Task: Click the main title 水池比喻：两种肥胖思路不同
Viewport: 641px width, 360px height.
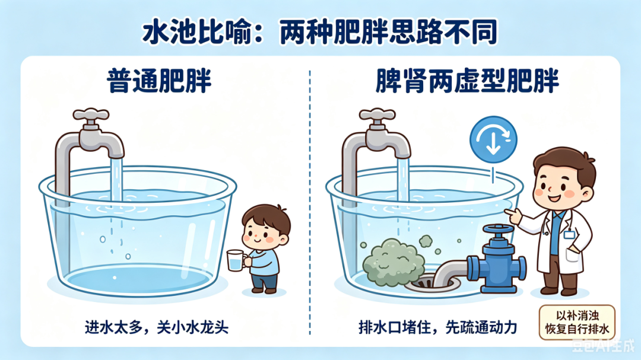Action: coord(320,32)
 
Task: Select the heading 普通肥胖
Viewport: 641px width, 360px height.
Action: coord(160,81)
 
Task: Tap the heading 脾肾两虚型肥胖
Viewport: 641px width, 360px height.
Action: coord(467,81)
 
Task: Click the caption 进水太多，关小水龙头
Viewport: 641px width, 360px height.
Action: coord(157,327)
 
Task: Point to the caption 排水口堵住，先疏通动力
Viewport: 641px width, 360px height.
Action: coord(438,327)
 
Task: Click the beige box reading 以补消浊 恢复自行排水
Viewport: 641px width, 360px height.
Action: coord(577,323)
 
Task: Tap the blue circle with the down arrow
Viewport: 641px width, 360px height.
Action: coord(493,139)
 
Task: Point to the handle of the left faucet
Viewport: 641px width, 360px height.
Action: coord(91,115)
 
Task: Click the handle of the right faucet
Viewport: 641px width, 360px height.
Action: coord(377,115)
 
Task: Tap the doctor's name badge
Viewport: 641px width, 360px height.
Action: coord(569,234)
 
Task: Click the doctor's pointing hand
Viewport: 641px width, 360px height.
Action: coord(512,215)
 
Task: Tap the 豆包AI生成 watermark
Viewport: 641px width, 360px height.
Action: coord(602,346)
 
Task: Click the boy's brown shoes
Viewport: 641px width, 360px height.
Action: coord(264,291)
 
